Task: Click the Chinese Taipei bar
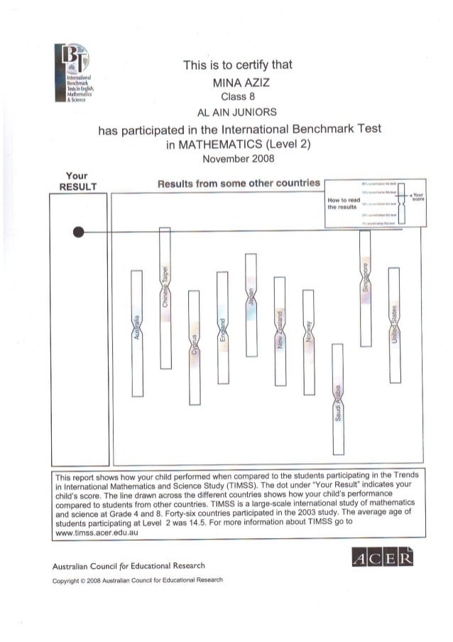pyautogui.click(x=165, y=297)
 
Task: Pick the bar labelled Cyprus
pyautogui.click(x=194, y=348)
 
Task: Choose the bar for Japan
pyautogui.click(x=251, y=304)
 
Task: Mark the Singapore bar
pyautogui.click(x=365, y=288)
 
